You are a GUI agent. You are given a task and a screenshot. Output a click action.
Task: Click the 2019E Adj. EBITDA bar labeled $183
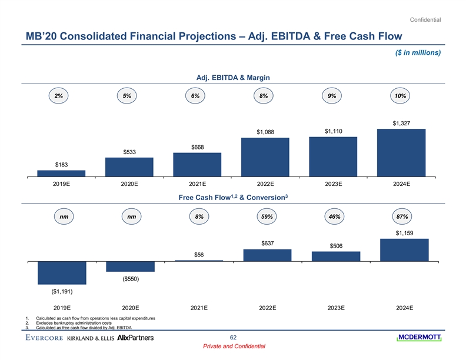coord(61,173)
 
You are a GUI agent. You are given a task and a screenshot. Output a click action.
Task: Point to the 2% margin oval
coord(59,96)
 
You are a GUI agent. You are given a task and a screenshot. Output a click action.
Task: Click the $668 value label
coord(197,146)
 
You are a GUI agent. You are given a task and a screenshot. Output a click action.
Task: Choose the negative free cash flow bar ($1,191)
coord(62,273)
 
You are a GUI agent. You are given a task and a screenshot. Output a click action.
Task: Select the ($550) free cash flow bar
coord(129,266)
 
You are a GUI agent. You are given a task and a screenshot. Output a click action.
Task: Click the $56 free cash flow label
coord(199,254)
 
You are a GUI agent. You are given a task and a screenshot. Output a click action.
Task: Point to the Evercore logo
coord(45,338)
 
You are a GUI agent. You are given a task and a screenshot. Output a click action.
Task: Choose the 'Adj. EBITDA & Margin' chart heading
coord(232,76)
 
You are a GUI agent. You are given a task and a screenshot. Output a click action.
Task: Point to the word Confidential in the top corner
coord(425,22)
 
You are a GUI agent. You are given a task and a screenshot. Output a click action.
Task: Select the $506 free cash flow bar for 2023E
coord(335,256)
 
